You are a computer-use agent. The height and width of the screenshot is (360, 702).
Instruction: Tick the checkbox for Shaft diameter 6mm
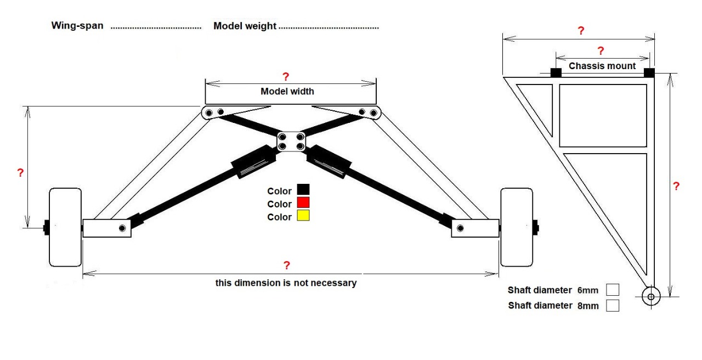(x=613, y=290)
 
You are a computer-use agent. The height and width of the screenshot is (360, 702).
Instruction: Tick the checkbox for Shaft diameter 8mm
(x=613, y=305)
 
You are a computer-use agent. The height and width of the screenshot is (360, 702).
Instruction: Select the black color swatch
(x=303, y=190)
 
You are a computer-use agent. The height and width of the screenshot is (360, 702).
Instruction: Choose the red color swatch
(x=303, y=203)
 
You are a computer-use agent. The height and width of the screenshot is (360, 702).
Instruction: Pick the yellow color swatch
(x=303, y=216)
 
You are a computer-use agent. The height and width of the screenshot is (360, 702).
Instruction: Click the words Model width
(x=287, y=91)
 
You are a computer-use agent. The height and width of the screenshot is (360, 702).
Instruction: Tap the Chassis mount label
(x=602, y=66)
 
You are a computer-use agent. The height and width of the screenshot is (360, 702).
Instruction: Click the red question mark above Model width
(x=285, y=77)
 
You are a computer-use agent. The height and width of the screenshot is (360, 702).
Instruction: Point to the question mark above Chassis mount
(x=601, y=51)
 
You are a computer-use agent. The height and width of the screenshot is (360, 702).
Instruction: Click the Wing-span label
(x=77, y=26)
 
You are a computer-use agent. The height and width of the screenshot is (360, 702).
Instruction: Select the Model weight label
(x=245, y=26)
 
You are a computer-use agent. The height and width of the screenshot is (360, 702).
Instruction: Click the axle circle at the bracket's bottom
(x=650, y=297)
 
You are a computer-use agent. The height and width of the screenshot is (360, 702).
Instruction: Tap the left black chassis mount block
(x=556, y=72)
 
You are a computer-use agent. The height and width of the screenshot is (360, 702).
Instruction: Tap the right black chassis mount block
(x=649, y=72)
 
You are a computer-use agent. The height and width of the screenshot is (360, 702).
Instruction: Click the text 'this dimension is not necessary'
(x=286, y=283)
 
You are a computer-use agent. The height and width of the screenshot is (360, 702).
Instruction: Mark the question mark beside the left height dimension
(x=20, y=173)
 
